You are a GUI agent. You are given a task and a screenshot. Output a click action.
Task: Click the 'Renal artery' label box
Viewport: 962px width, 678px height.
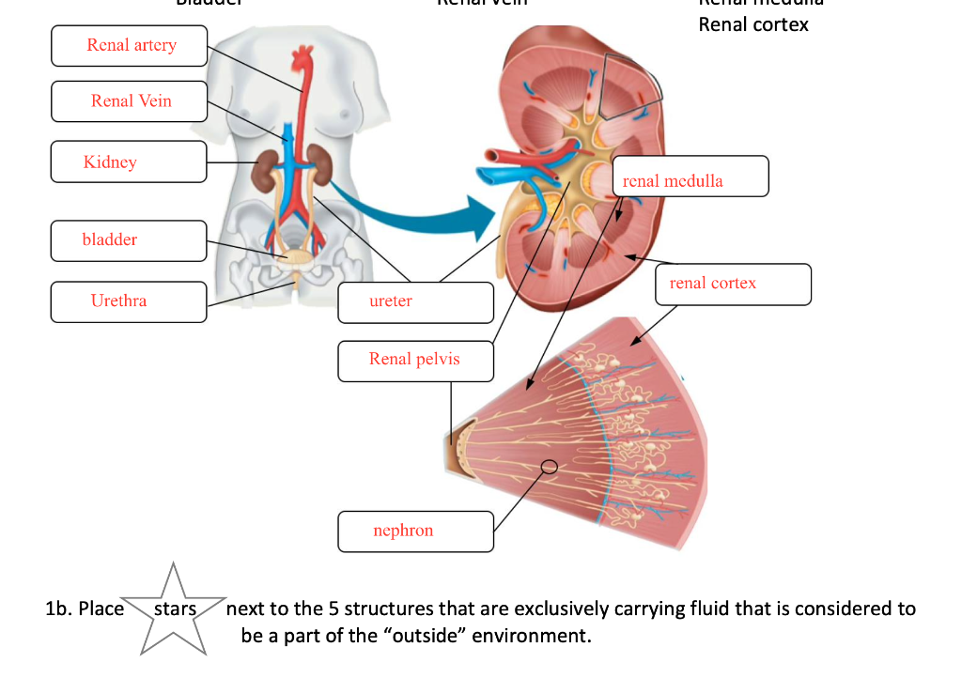(129, 46)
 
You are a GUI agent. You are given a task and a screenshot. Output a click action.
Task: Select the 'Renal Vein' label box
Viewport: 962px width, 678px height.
(129, 101)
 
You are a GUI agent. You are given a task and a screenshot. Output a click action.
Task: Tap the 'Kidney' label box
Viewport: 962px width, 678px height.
(129, 162)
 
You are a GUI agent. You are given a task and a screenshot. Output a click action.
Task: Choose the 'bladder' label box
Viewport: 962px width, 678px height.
(129, 240)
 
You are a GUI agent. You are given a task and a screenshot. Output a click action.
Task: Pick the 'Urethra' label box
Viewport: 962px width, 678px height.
(129, 301)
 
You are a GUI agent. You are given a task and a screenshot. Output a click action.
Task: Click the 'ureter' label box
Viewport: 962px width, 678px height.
(415, 301)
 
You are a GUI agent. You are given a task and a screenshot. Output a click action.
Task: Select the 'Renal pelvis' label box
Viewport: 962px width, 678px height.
(415, 361)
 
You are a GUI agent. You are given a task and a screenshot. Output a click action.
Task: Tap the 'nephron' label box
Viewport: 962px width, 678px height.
(415, 532)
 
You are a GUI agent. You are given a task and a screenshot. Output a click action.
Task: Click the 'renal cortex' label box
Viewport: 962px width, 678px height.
(733, 284)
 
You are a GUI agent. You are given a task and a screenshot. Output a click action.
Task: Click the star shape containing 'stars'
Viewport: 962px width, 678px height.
(174, 609)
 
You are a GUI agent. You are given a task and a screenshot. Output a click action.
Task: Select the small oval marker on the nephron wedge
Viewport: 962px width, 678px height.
(549, 466)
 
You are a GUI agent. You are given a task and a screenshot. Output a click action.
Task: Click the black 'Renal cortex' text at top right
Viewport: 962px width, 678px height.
(753, 25)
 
